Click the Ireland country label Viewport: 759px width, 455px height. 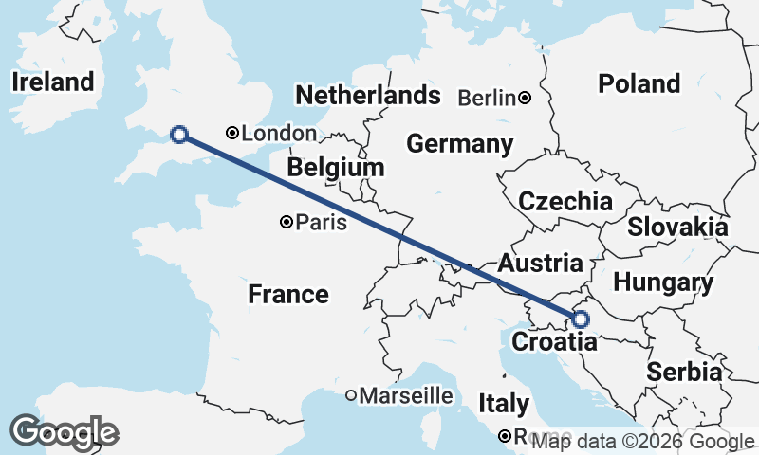(53, 82)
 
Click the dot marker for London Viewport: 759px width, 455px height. (231, 134)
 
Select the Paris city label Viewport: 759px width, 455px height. (322, 223)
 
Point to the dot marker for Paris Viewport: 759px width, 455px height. (287, 223)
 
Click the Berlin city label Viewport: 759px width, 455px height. (487, 98)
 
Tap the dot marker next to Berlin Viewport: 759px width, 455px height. (525, 98)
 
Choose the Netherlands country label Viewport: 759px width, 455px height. (368, 95)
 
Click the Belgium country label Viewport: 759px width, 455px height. (336, 168)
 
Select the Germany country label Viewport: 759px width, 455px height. (460, 144)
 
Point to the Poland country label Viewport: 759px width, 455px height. (639, 83)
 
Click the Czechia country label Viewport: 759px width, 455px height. (565, 201)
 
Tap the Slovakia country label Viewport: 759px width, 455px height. (677, 227)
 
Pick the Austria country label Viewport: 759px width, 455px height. (539, 263)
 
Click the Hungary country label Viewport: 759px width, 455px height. (663, 282)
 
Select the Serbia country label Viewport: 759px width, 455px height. (684, 373)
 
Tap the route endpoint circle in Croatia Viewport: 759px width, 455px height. (580, 319)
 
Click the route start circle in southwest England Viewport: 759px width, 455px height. (177, 135)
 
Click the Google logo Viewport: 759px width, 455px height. (64, 432)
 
